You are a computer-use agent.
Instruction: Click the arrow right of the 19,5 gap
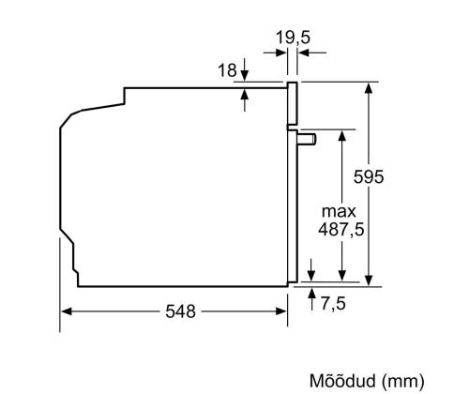(305, 53)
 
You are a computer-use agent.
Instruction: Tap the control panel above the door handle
(293, 105)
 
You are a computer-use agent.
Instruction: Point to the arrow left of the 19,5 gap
(280, 53)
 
